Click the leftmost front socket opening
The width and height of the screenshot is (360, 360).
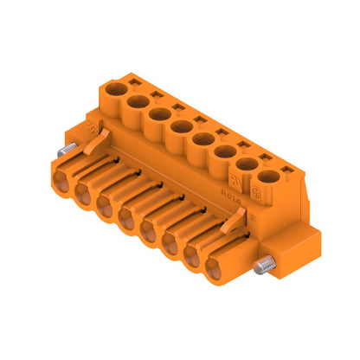click(63, 182)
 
